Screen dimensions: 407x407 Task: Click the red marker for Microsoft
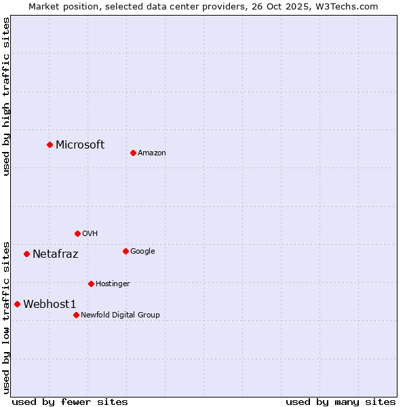[x=50, y=144]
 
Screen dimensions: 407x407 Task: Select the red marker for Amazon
[x=133, y=153]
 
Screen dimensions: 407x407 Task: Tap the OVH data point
[x=77, y=233]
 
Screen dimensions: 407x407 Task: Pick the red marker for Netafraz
[x=26, y=254]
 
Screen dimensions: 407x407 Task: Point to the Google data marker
[x=125, y=251]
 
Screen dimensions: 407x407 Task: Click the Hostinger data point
[x=91, y=284]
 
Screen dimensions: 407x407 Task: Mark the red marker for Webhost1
[x=17, y=304]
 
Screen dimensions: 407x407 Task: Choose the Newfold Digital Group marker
[x=76, y=315]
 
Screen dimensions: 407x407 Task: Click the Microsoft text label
[x=80, y=144]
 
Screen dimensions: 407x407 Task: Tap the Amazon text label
[x=152, y=153]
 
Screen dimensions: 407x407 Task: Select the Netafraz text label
[x=55, y=254]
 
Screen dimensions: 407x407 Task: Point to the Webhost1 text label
[x=50, y=305]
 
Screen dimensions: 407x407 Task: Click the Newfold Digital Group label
[x=120, y=315]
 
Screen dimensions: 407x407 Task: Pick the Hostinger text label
[x=113, y=284]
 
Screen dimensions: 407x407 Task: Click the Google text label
[x=142, y=251]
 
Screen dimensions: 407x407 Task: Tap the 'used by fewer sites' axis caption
[x=70, y=402]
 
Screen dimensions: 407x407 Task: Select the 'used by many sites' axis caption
[x=341, y=402]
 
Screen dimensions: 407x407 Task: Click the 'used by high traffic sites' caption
[x=6, y=96]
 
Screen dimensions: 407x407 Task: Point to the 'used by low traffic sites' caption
[x=6, y=317]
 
